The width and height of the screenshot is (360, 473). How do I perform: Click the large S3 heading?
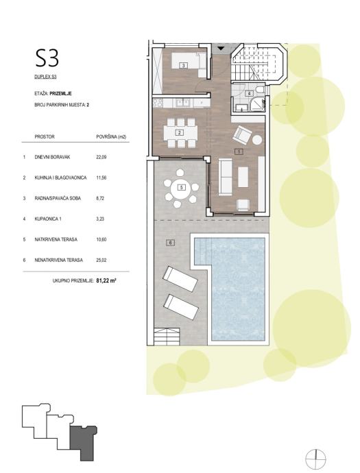click(x=47, y=58)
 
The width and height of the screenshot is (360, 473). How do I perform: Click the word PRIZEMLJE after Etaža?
click(x=60, y=94)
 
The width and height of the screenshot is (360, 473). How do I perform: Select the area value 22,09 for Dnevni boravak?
click(x=101, y=157)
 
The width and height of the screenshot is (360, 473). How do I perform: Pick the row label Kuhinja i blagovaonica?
click(x=60, y=178)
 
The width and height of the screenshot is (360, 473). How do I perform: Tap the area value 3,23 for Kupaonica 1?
click(x=100, y=219)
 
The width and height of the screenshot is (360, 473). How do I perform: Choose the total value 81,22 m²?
click(x=106, y=280)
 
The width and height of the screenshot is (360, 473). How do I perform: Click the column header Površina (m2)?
click(x=111, y=137)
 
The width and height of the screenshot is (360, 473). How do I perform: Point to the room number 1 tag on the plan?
click(x=239, y=151)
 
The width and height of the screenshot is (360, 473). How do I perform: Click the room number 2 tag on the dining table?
click(x=180, y=132)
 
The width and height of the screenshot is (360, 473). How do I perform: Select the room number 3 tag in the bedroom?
click(x=183, y=65)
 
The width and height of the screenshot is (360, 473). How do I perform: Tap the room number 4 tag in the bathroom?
click(x=249, y=93)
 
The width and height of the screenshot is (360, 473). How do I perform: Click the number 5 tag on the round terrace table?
click(x=181, y=188)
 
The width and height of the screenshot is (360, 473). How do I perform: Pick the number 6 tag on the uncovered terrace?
click(x=171, y=242)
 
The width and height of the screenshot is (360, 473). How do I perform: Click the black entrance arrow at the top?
click(x=221, y=48)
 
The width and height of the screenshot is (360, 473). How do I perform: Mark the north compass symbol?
click(x=315, y=459)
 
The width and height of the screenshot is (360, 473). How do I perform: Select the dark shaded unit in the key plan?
click(x=82, y=441)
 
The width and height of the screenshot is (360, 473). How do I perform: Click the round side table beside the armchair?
click(x=257, y=140)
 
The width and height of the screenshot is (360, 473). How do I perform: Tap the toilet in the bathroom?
click(x=259, y=90)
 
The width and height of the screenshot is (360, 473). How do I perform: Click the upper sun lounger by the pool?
click(x=180, y=280)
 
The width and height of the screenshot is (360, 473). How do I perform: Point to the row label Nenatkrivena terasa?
click(x=58, y=260)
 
